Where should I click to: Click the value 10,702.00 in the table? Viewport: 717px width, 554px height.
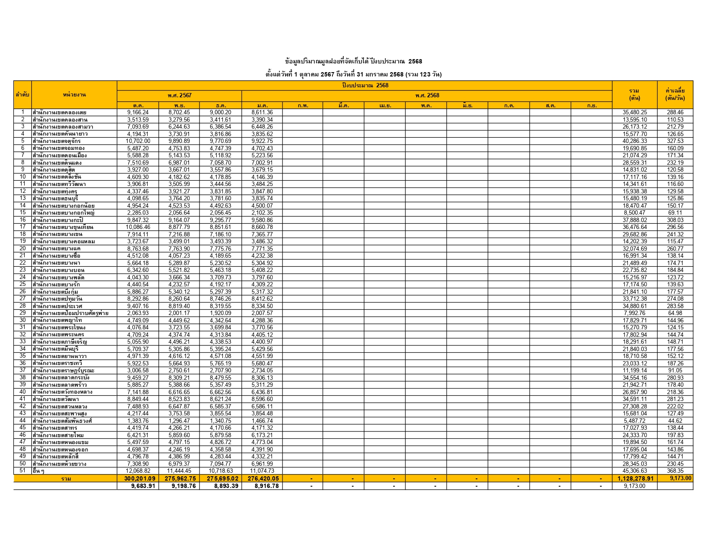[x=138, y=141]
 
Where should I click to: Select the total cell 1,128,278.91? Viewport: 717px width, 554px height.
[x=635, y=479]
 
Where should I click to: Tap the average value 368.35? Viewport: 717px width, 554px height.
[x=675, y=471]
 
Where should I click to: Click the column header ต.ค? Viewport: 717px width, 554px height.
[x=138, y=106]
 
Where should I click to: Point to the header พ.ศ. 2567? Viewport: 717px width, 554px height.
[x=179, y=96]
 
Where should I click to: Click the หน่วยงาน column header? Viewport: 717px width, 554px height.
[x=74, y=95]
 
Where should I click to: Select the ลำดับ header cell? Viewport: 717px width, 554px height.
[x=22, y=95]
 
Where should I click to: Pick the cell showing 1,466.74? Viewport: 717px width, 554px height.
[x=262, y=421]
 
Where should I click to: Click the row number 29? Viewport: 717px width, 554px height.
[x=23, y=313]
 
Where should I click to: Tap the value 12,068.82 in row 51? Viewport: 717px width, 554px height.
[x=138, y=471]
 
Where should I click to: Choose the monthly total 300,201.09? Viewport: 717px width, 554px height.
[x=138, y=479]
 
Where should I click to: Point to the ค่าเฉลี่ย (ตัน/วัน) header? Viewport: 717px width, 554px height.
[x=675, y=94]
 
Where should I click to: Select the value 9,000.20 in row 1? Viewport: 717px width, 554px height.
[x=220, y=113]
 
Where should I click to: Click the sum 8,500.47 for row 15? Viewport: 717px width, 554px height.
[x=635, y=213]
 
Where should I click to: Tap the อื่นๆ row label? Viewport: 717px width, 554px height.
[x=38, y=471]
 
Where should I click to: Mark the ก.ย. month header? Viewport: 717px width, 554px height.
[x=591, y=106]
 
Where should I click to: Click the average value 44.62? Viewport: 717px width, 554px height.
[x=675, y=421]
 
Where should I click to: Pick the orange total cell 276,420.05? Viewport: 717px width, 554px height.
[x=263, y=479]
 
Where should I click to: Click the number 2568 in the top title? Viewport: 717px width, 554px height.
[x=415, y=61]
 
